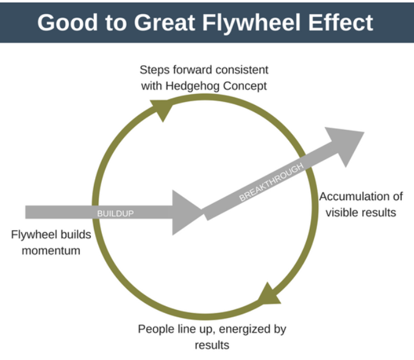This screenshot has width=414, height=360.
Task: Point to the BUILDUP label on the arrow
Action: (115, 213)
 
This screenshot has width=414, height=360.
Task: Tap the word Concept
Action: (246, 85)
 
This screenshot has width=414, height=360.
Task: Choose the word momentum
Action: (51, 250)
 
